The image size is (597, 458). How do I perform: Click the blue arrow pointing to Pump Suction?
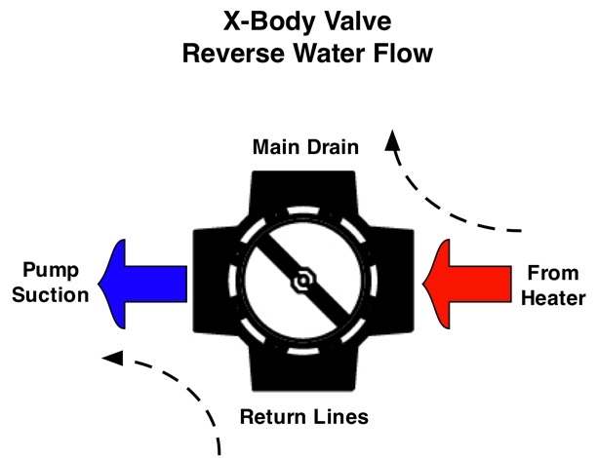pyautogui.click(x=146, y=282)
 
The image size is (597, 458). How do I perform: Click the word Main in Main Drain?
pyautogui.click(x=274, y=148)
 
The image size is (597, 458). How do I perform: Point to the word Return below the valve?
pyautogui.click(x=271, y=417)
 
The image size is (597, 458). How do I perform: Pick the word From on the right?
pyautogui.click(x=554, y=273)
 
